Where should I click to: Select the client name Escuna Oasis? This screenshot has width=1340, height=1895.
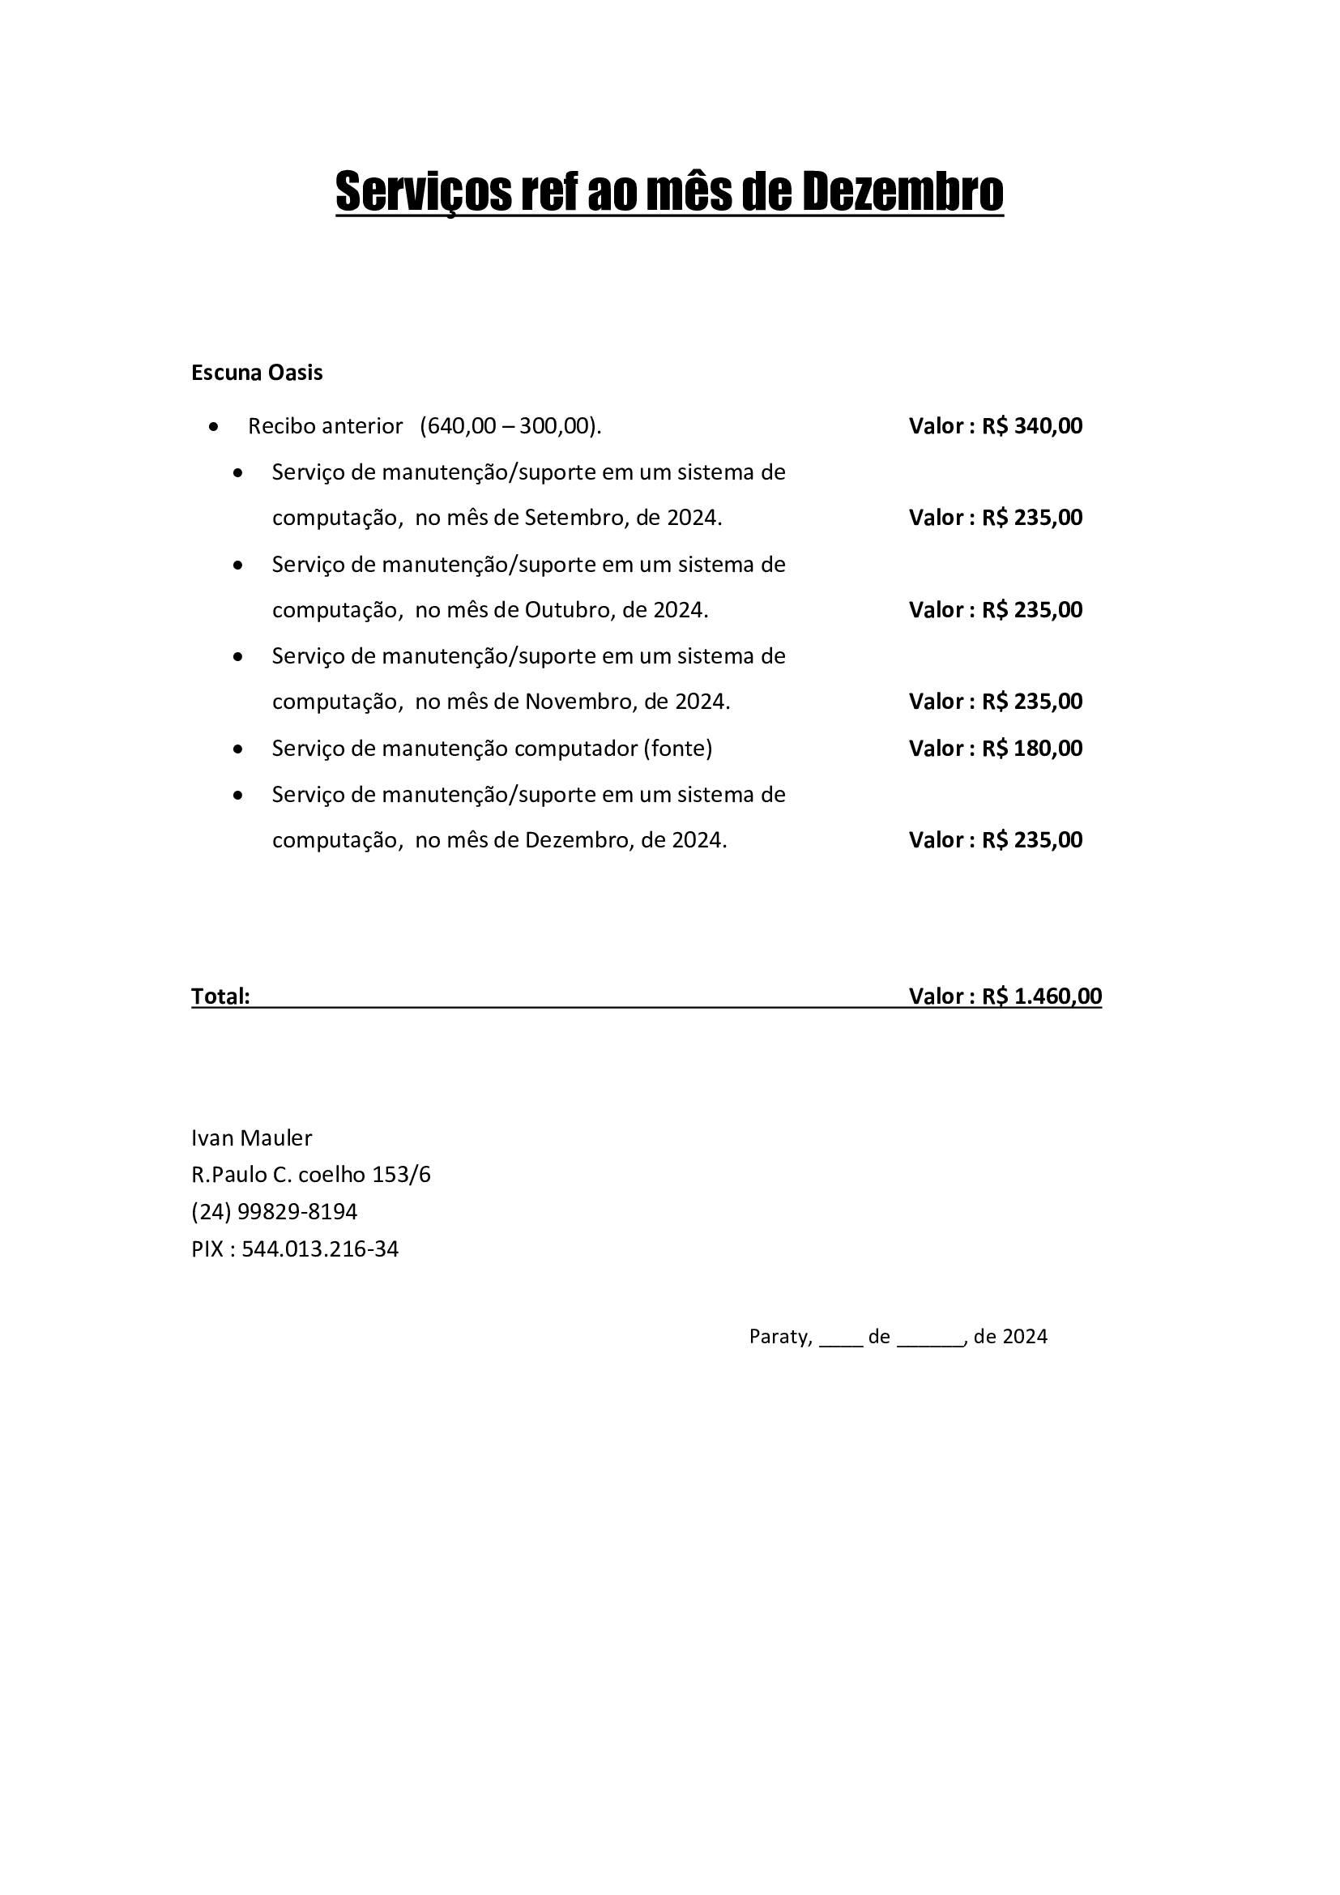[257, 373]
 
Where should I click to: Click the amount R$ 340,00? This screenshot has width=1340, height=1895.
[1031, 426]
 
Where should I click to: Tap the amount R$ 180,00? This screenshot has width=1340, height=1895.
[1031, 749]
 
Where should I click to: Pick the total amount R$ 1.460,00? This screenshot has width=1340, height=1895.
[1041, 997]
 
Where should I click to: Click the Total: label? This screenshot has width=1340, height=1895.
[220, 997]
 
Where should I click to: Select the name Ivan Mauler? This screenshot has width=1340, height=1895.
[252, 1138]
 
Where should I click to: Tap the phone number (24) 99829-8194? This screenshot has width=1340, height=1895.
[274, 1211]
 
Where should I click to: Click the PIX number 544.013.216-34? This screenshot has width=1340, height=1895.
[320, 1248]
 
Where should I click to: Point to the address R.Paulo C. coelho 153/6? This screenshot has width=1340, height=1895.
[311, 1175]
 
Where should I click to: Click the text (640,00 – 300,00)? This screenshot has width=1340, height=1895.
[510, 426]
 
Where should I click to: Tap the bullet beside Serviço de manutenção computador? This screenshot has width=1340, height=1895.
[238, 749]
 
